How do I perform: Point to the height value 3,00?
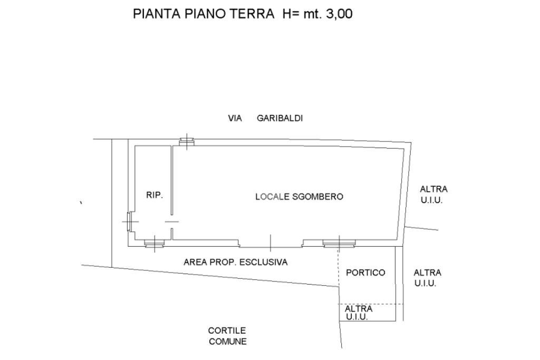[339, 14]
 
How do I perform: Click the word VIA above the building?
[235, 119]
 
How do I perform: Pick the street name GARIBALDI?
[279, 119]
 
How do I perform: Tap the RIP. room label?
[155, 195]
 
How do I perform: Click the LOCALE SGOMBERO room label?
[299, 197]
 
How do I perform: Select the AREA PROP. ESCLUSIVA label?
[235, 262]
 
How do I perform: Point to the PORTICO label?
[365, 273]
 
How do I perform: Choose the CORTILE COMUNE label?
[227, 336]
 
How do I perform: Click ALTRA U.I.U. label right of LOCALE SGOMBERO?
[433, 194]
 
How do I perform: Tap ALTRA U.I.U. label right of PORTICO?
[427, 278]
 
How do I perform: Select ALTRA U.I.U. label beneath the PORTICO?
[359, 313]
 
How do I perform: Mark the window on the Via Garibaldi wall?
[186, 141]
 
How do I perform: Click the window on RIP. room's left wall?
[129, 221]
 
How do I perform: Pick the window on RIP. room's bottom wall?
[155, 243]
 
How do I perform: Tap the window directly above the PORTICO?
[339, 243]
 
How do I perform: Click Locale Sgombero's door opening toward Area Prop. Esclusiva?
[271, 244]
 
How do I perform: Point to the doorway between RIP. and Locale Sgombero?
[172, 221]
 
